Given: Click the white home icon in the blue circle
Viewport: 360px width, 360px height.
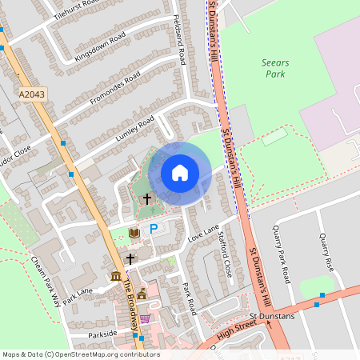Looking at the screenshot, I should (x=180, y=173).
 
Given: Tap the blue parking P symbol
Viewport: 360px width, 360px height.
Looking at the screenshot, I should (x=154, y=229).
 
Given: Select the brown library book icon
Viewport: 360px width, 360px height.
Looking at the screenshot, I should (x=134, y=233).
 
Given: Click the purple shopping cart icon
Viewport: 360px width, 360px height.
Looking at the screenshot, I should (x=145, y=318).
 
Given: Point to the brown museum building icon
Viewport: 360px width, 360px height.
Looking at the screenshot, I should (x=116, y=277).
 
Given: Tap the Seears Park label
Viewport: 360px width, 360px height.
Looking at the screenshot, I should (x=274, y=68).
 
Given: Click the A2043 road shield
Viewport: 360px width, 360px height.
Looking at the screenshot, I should (x=33, y=94).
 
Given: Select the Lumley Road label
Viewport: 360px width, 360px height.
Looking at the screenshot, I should (x=134, y=128).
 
